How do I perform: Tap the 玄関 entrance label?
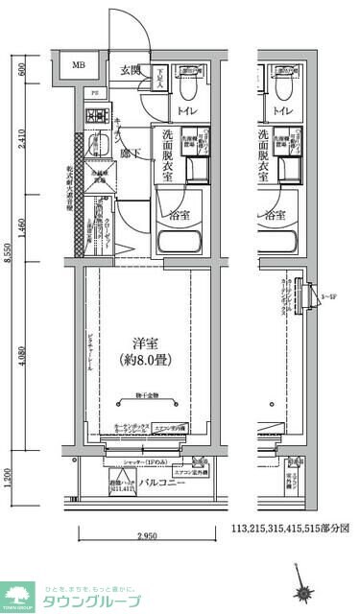130,70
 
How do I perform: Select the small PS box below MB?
94,92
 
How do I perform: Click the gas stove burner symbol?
95,118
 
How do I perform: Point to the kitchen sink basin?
94,147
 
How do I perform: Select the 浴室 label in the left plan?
179,215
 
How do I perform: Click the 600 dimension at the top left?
21,68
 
